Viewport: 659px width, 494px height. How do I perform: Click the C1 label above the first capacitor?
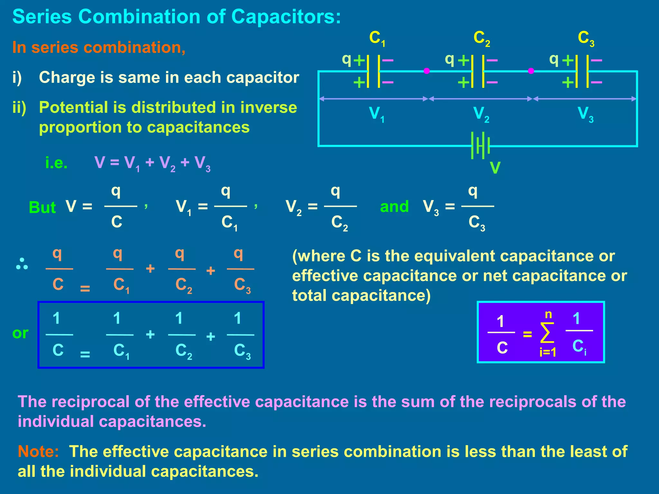pyautogui.click(x=377, y=39)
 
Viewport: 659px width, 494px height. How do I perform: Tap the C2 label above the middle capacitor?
pyautogui.click(x=481, y=39)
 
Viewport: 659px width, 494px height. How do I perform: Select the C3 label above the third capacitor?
pyautogui.click(x=586, y=39)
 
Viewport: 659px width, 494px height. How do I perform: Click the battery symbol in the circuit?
pyautogui.click(x=480, y=145)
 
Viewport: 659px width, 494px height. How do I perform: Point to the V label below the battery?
pyautogui.click(x=495, y=168)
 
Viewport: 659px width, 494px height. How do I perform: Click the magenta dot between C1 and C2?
pyautogui.click(x=427, y=71)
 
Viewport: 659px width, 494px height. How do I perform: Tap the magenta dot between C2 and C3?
pyautogui.click(x=531, y=71)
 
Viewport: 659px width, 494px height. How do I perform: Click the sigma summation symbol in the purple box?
pyautogui.click(x=547, y=333)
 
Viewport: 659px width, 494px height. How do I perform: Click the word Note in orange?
pyautogui.click(x=38, y=452)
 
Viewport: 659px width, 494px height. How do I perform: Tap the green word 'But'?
pyautogui.click(x=42, y=207)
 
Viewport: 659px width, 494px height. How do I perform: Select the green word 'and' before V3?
pyautogui.click(x=394, y=206)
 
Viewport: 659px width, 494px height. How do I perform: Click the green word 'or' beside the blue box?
pyautogui.click(x=20, y=333)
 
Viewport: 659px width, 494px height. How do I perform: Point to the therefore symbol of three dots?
pyautogui.click(x=22, y=264)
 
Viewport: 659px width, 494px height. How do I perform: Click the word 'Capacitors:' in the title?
pyautogui.click(x=286, y=16)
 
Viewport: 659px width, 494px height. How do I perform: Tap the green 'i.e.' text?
pyautogui.click(x=56, y=163)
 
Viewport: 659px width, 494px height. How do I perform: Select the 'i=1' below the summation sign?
pyautogui.click(x=548, y=352)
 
